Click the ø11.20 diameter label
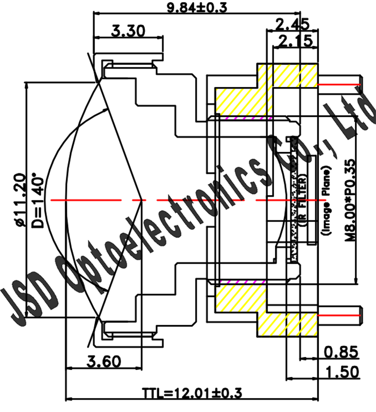pyautogui.click(x=20, y=200)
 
